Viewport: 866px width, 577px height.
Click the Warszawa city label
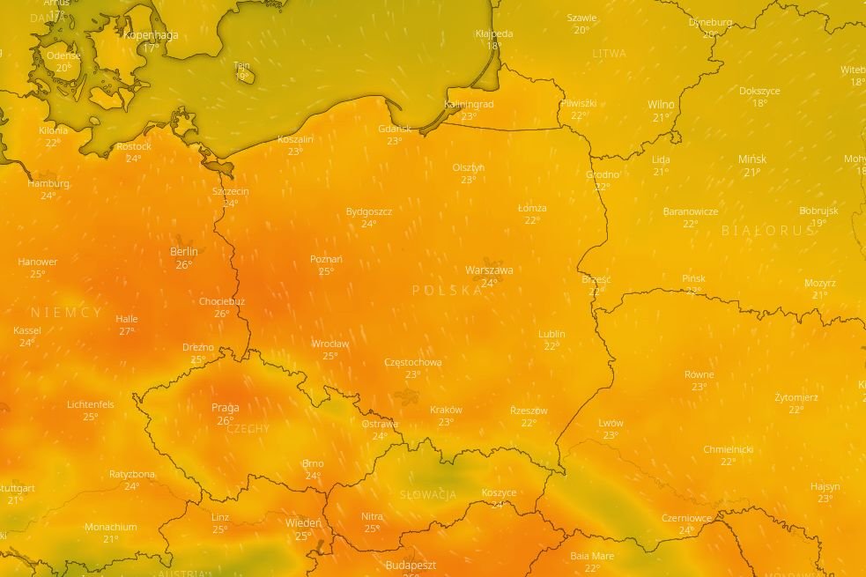pyautogui.click(x=489, y=270)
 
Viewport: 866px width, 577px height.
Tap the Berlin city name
pyautogui.click(x=184, y=252)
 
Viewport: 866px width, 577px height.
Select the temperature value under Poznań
pyautogui.click(x=326, y=271)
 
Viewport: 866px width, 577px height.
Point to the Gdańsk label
pyautogui.click(x=395, y=129)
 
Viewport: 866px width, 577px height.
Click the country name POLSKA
pyautogui.click(x=448, y=291)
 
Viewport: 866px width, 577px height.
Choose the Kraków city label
pyautogui.click(x=446, y=410)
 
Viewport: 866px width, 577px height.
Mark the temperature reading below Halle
pyautogui.click(x=127, y=331)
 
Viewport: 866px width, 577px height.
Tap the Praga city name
pyautogui.click(x=226, y=408)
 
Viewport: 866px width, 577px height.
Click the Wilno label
pyautogui.click(x=661, y=106)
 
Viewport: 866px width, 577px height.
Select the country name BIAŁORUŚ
pyautogui.click(x=768, y=231)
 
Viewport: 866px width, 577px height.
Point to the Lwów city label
pyautogui.click(x=611, y=423)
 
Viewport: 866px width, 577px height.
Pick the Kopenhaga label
pyautogui.click(x=151, y=35)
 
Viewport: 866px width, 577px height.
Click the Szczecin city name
pyautogui.click(x=231, y=191)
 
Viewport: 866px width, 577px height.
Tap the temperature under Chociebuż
pyautogui.click(x=221, y=314)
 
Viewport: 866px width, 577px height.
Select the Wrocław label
pyautogui.click(x=330, y=344)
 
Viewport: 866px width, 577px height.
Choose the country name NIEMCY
pyautogui.click(x=67, y=313)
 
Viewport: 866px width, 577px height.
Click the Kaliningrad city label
pyautogui.click(x=469, y=104)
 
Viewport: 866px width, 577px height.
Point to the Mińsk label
pyautogui.click(x=752, y=159)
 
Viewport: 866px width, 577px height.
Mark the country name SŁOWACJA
pyautogui.click(x=428, y=495)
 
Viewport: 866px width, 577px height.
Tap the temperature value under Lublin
pyautogui.click(x=551, y=346)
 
